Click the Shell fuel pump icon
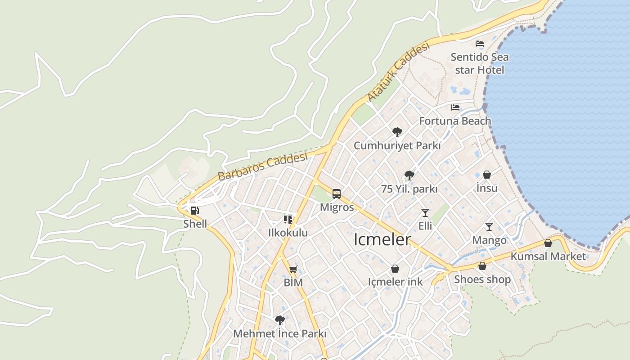pyautogui.click(x=194, y=210)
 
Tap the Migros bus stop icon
pyautogui.click(x=337, y=194)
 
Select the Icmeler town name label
pyautogui.click(x=382, y=239)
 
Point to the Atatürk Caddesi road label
pyautogui.click(x=399, y=72)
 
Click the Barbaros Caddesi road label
pyautogui.click(x=263, y=166)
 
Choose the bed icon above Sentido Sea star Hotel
pyautogui.click(x=480, y=44)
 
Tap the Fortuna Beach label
pyautogui.click(x=455, y=121)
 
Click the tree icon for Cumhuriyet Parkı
pyautogui.click(x=397, y=132)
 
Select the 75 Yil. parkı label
pyautogui.click(x=409, y=189)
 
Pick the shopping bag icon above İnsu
pyautogui.click(x=486, y=175)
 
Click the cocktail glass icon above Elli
pyautogui.click(x=425, y=212)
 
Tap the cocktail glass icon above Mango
pyautogui.click(x=489, y=226)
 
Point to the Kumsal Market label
pyautogui.click(x=548, y=256)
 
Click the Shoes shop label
pyautogui.click(x=482, y=279)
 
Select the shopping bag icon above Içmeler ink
pyautogui.click(x=395, y=269)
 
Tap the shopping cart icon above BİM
pyautogui.click(x=293, y=269)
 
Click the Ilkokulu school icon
pyautogui.click(x=288, y=220)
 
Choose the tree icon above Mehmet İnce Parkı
pyautogui.click(x=279, y=320)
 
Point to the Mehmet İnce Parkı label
pyautogui.click(x=279, y=334)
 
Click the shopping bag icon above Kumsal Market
pyautogui.click(x=548, y=243)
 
